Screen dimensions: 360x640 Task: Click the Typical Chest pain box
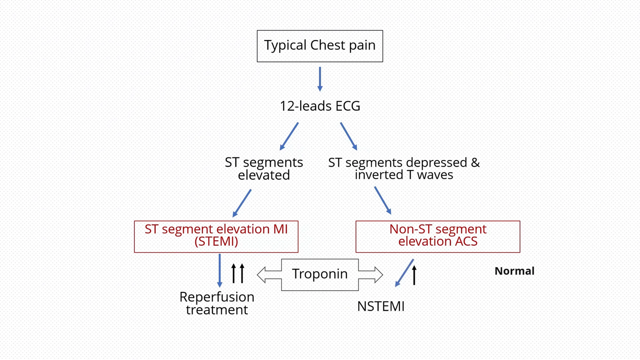click(320, 46)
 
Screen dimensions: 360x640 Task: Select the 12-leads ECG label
click(320, 106)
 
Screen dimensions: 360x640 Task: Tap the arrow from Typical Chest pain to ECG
click(320, 79)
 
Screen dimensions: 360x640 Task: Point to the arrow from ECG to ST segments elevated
click(289, 136)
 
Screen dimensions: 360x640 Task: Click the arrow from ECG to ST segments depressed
click(348, 136)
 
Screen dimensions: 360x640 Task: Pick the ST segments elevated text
click(264, 168)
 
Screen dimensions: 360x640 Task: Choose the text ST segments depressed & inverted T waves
click(404, 168)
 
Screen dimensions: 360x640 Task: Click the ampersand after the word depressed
click(475, 162)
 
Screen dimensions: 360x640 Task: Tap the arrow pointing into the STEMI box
click(242, 203)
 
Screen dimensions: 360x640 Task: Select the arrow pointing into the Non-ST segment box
click(382, 200)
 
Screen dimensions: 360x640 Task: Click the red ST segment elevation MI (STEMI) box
click(216, 236)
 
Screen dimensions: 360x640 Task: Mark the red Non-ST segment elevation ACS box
click(438, 236)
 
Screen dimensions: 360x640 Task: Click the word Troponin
click(320, 274)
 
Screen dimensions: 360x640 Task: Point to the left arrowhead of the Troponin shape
click(262, 275)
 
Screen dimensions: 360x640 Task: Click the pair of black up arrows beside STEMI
click(238, 273)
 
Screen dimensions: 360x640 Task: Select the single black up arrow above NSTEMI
click(414, 275)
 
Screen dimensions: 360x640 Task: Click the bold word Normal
click(514, 271)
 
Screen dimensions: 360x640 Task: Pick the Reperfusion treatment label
click(217, 303)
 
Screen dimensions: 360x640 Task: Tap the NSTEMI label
click(381, 306)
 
